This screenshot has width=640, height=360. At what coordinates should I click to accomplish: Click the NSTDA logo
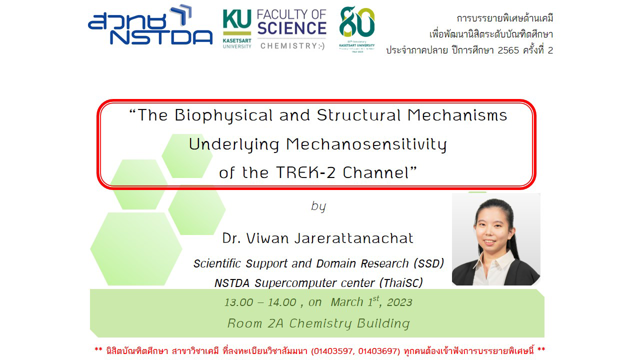(150, 25)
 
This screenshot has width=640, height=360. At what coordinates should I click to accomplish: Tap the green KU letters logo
(237, 19)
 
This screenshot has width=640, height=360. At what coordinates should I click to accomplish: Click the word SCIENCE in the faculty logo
(291, 28)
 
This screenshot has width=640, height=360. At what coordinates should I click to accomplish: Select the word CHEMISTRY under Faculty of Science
(288, 45)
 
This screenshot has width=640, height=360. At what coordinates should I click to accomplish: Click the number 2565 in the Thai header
(508, 50)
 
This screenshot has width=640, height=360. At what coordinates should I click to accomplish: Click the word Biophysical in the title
(223, 115)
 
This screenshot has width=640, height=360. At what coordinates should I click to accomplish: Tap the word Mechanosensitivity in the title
(366, 144)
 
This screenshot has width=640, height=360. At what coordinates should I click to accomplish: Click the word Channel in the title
(376, 172)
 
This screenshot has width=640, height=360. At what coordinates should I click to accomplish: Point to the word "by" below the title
(318, 206)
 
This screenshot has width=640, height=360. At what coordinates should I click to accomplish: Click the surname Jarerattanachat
(354, 238)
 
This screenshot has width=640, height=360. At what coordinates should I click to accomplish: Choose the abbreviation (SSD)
(429, 263)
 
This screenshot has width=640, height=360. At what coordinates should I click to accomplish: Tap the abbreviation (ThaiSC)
(401, 283)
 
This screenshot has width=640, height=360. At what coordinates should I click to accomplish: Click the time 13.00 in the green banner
(239, 302)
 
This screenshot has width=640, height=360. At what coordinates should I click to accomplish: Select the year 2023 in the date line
(399, 302)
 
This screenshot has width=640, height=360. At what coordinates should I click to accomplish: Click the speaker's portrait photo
(496, 239)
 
